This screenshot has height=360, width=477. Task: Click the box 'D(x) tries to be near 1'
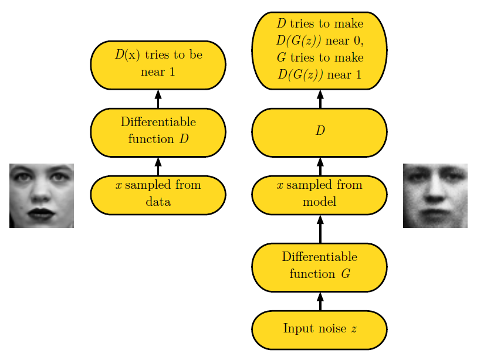tap(158, 65)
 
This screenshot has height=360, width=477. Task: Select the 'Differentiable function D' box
tap(158, 133)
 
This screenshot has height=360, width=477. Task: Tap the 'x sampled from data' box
tap(158, 195)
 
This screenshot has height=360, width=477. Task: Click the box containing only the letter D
tap(319, 133)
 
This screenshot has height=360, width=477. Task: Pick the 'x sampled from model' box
tap(319, 195)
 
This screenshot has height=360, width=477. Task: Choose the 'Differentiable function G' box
tap(319, 267)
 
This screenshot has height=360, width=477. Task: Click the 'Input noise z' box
tap(319, 330)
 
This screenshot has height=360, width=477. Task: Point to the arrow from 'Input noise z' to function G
tap(320, 301)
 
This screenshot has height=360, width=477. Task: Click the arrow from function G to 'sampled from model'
tap(320, 229)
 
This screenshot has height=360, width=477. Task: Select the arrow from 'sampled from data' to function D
tap(158, 167)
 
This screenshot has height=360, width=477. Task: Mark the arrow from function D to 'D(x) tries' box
tap(158, 99)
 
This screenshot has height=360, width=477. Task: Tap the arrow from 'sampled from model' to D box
tap(320, 167)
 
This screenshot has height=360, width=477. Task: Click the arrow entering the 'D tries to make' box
tap(320, 99)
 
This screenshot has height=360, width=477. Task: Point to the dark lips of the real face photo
tap(41, 214)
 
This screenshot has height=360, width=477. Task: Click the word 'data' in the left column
tap(158, 202)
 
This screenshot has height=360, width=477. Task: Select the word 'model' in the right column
tap(319, 202)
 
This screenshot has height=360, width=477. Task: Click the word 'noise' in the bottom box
tap(331, 328)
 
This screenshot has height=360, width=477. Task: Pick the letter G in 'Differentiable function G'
tap(346, 274)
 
